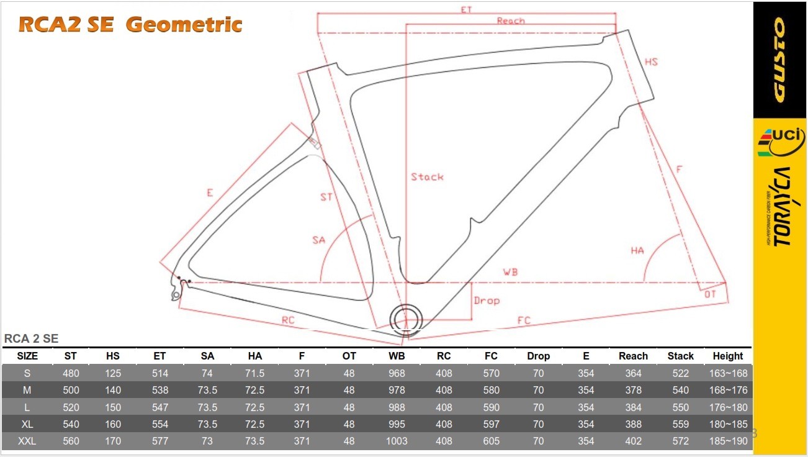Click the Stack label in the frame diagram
tap(427, 177)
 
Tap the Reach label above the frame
tap(511, 20)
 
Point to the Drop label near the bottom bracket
tap(487, 301)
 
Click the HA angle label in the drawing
tap(637, 250)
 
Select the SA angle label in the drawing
tap(319, 240)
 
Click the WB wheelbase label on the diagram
tap(510, 272)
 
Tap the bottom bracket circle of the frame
tap(406, 320)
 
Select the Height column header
tap(728, 356)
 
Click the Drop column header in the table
tap(538, 356)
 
